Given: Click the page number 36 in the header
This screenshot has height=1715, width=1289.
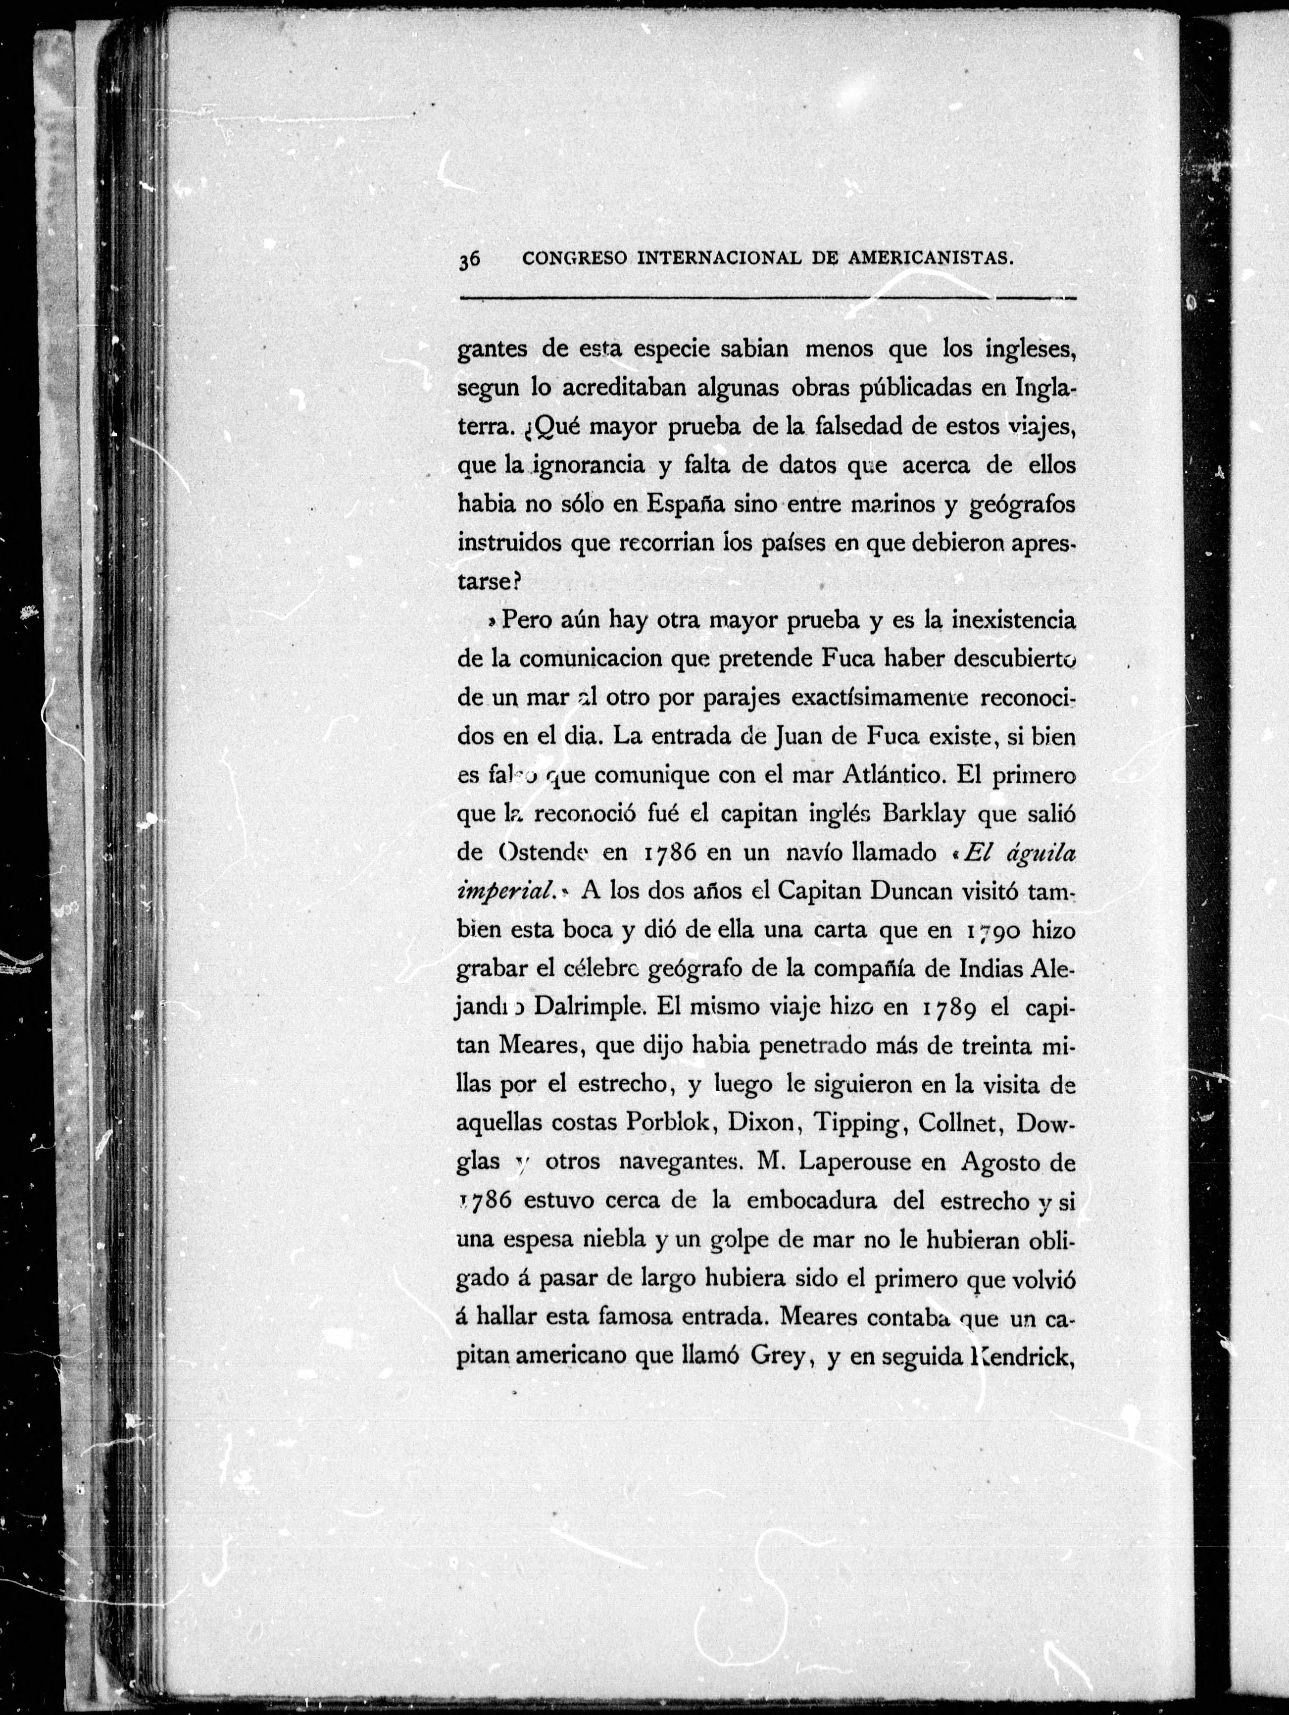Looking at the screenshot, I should click(x=470, y=260).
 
